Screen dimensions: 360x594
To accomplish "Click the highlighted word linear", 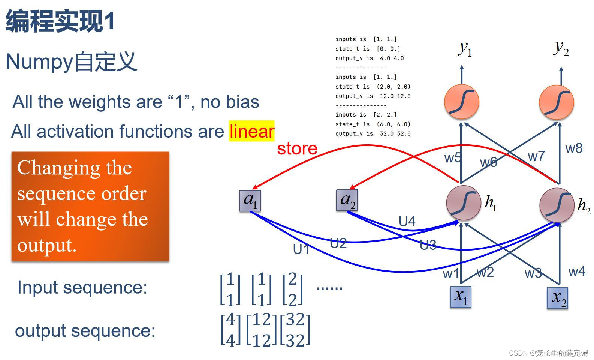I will (x=252, y=131).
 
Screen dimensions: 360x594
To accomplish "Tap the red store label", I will (x=297, y=148).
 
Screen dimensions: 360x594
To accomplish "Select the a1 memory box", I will (x=250, y=201).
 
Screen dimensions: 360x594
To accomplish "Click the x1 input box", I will (x=461, y=297).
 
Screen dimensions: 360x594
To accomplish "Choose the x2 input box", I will (x=558, y=298).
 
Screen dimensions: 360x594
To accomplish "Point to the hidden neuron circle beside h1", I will (x=464, y=203).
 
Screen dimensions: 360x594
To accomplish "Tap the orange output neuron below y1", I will (x=461, y=102).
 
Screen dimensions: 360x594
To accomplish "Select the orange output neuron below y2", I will (x=557, y=102).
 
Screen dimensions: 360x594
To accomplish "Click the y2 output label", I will (x=561, y=49).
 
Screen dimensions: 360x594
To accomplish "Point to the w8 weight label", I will (x=574, y=148).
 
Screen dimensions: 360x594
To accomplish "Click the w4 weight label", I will (x=576, y=271).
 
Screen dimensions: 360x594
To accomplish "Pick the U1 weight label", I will (x=301, y=249).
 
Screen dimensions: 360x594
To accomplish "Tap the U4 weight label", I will (x=407, y=222).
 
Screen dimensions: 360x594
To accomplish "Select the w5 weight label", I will (x=453, y=158).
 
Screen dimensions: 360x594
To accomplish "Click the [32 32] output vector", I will (x=296, y=330).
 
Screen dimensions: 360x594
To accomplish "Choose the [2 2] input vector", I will (x=292, y=289).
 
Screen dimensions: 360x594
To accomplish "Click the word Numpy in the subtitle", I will (x=39, y=62).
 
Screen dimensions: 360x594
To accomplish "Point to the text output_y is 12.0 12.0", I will (x=373, y=96).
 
